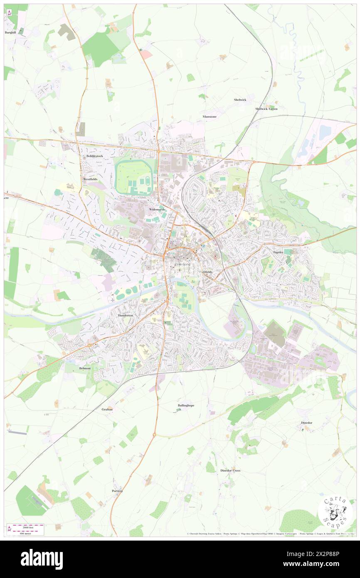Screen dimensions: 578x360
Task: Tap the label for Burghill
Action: click(10, 32)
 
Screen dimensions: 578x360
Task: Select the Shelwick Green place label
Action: click(266, 109)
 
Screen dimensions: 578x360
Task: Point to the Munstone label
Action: click(210, 117)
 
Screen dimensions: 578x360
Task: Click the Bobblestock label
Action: click(94, 156)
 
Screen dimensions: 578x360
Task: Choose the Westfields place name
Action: click(90, 179)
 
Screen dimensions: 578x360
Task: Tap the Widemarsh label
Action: click(158, 210)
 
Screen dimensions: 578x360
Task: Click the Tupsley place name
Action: click(277, 252)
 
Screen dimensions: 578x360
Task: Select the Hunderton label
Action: click(125, 316)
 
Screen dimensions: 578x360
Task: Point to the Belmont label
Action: click(85, 368)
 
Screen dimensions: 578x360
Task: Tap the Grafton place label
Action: click(107, 409)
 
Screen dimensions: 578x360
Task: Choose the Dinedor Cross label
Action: click(230, 470)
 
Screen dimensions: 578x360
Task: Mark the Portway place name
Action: click(118, 491)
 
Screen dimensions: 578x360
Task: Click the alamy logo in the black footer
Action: click(42, 559)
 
